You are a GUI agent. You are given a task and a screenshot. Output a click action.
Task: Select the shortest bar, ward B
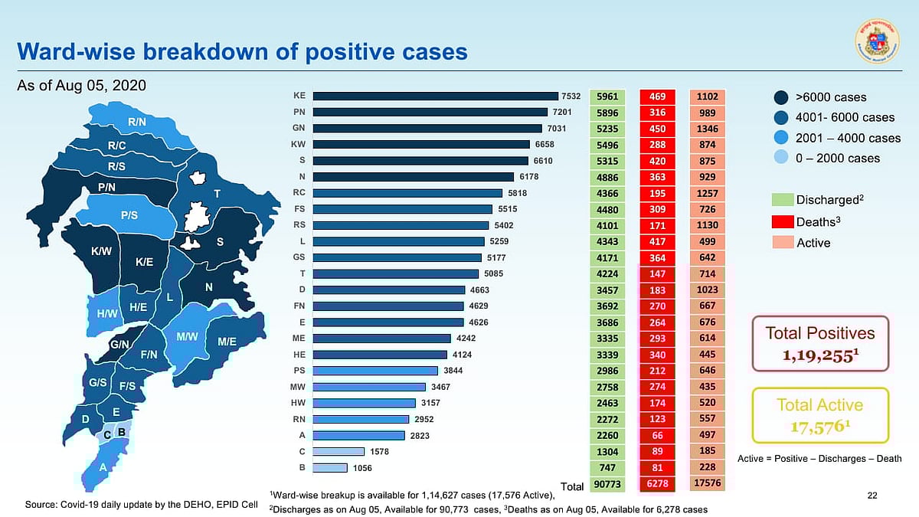[330, 467]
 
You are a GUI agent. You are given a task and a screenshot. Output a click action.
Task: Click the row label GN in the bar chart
[299, 128]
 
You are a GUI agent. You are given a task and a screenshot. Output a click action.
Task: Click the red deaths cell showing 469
[657, 97]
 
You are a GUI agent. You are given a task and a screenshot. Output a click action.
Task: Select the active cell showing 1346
[706, 129]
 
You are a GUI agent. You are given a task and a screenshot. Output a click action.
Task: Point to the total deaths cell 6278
[657, 484]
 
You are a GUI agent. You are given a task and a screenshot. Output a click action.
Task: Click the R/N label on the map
[137, 122]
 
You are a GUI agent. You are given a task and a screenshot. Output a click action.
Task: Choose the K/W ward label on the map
[101, 251]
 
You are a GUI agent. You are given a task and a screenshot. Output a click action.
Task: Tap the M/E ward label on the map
[227, 342]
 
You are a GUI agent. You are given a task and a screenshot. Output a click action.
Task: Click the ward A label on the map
[103, 466]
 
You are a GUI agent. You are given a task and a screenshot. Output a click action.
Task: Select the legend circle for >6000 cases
[781, 97]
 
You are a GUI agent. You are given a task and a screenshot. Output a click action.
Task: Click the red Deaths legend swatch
[781, 221]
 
